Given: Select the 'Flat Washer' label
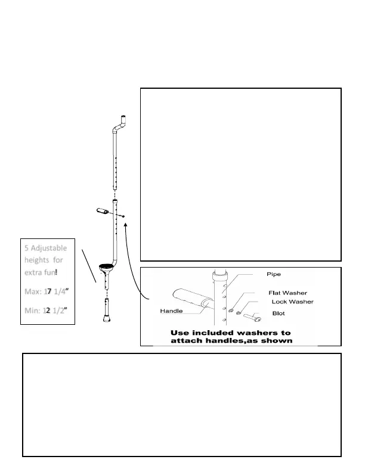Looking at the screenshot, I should [x=288, y=293].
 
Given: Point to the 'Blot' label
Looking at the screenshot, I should [x=279, y=312].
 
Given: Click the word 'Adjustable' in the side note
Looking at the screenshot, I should [x=54, y=247].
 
